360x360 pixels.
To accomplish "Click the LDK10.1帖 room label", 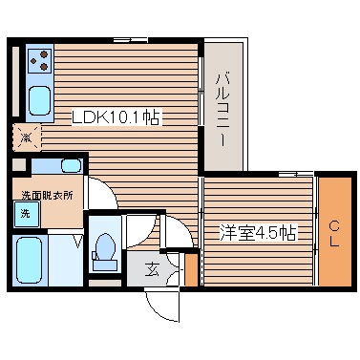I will pyautogui.click(x=116, y=117).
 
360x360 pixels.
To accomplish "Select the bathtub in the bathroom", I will pyautogui.click(x=29, y=260).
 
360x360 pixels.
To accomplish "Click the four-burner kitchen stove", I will pyautogui.click(x=40, y=62).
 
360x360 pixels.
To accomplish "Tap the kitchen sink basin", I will pyautogui.click(x=40, y=98).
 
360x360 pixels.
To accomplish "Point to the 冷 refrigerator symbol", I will pyautogui.click(x=26, y=136).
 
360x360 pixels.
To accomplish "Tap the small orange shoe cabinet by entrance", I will pyautogui.click(x=191, y=269).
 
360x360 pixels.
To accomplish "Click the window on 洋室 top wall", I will pyautogui.click(x=286, y=175).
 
